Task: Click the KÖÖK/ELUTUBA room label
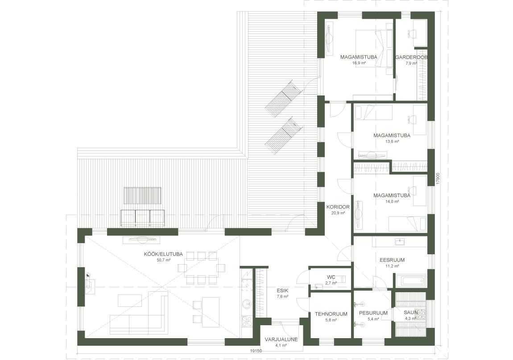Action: pos(163,254)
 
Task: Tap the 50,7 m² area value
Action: pos(164,260)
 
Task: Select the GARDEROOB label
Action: pos(411,57)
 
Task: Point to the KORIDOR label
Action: pos(338,207)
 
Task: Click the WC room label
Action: pos(331,277)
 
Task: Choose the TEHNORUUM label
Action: pos(331,314)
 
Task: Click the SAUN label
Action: pos(411,313)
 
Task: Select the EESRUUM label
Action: pos(392,260)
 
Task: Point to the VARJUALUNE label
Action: pos(281,339)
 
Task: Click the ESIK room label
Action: pos(282,290)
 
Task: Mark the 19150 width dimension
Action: pos(256,351)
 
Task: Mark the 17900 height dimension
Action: pos(438,179)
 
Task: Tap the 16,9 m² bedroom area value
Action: pos(359,63)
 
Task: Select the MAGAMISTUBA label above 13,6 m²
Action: pos(392,136)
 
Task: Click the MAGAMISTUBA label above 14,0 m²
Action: pos(392,195)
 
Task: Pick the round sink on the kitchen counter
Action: pos(246,304)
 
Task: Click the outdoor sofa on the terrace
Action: pos(143,218)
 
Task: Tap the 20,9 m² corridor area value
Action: pos(338,213)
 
